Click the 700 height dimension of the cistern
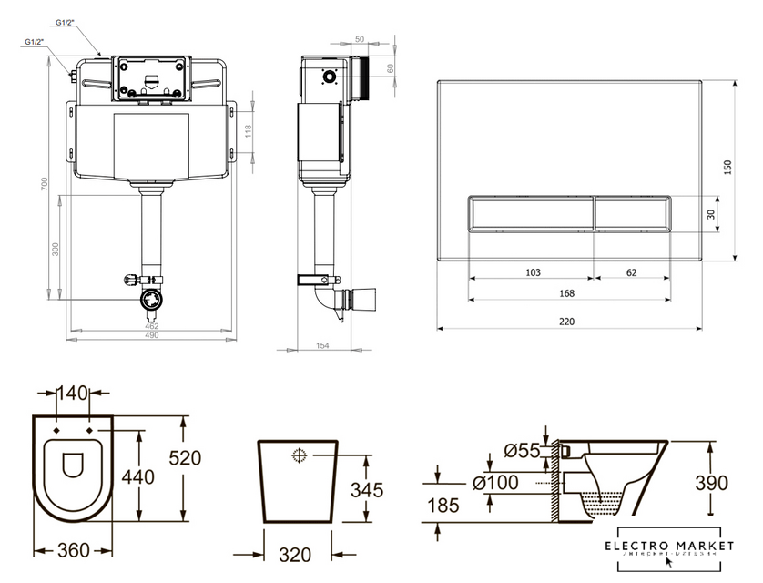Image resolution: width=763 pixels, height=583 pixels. [x=44, y=184]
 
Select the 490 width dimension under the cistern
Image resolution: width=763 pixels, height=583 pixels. [x=151, y=335]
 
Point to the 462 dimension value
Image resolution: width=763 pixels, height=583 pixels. [x=151, y=324]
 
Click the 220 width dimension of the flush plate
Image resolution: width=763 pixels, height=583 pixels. [x=567, y=322]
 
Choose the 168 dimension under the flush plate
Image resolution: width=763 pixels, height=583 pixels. [x=566, y=293]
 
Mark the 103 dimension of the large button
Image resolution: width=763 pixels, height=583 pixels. [x=534, y=271]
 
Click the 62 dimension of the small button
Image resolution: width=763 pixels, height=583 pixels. [x=632, y=271]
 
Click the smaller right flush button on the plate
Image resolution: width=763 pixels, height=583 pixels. [x=633, y=213]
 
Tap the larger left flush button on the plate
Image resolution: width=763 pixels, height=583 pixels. [x=531, y=213]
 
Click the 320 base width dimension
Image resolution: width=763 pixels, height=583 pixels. [x=294, y=553]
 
